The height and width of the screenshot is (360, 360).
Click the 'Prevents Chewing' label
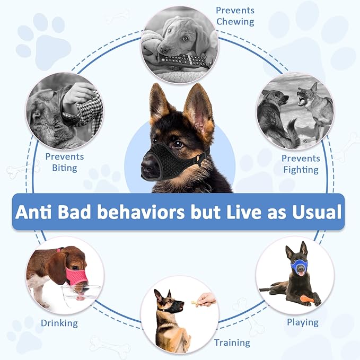[235, 16]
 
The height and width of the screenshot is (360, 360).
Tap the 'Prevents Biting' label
[65, 162]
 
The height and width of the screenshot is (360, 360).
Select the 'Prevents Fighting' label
[301, 164]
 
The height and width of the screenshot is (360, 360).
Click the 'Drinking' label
[59, 323]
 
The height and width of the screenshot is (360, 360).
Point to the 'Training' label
[232, 343]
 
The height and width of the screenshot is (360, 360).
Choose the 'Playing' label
[303, 322]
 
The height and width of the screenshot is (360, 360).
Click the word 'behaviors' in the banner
[155, 212]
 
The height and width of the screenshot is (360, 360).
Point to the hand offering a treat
[207, 300]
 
